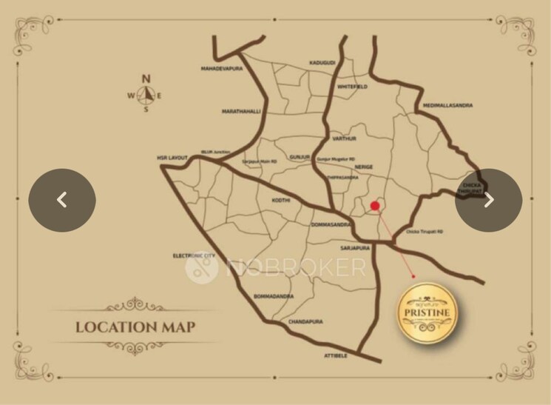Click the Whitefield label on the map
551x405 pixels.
click(352, 87)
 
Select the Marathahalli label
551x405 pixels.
click(241, 111)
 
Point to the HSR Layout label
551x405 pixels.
click(172, 158)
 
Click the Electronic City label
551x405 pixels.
click(194, 255)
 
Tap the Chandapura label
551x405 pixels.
click(306, 323)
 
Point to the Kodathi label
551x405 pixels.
click(281, 200)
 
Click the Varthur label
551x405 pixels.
click(344, 138)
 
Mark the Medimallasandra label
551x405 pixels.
click(447, 105)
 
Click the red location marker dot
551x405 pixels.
click(375, 206)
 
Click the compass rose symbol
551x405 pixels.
click(146, 94)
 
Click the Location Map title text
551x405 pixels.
click(135, 327)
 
